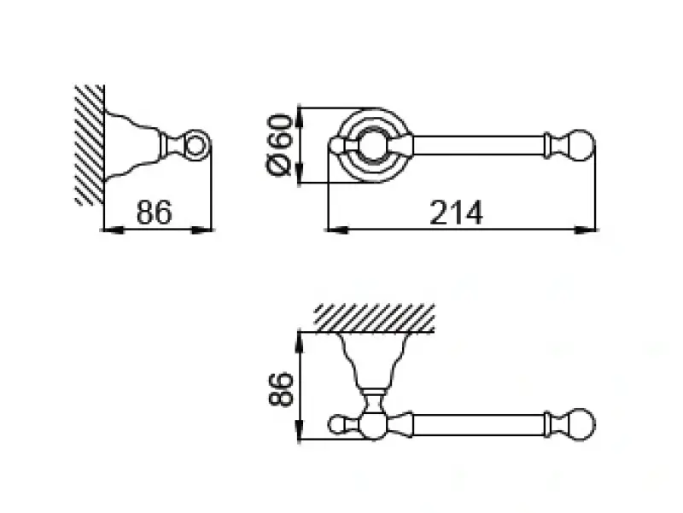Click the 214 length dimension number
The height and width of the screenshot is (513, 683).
[x=456, y=213]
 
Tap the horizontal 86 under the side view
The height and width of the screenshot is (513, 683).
[x=155, y=213]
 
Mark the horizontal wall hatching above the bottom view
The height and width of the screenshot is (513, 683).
[x=373, y=318]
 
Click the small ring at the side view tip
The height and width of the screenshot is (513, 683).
[x=197, y=144]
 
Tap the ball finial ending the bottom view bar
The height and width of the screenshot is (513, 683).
[x=581, y=424]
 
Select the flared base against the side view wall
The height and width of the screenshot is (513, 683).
[x=128, y=144]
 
